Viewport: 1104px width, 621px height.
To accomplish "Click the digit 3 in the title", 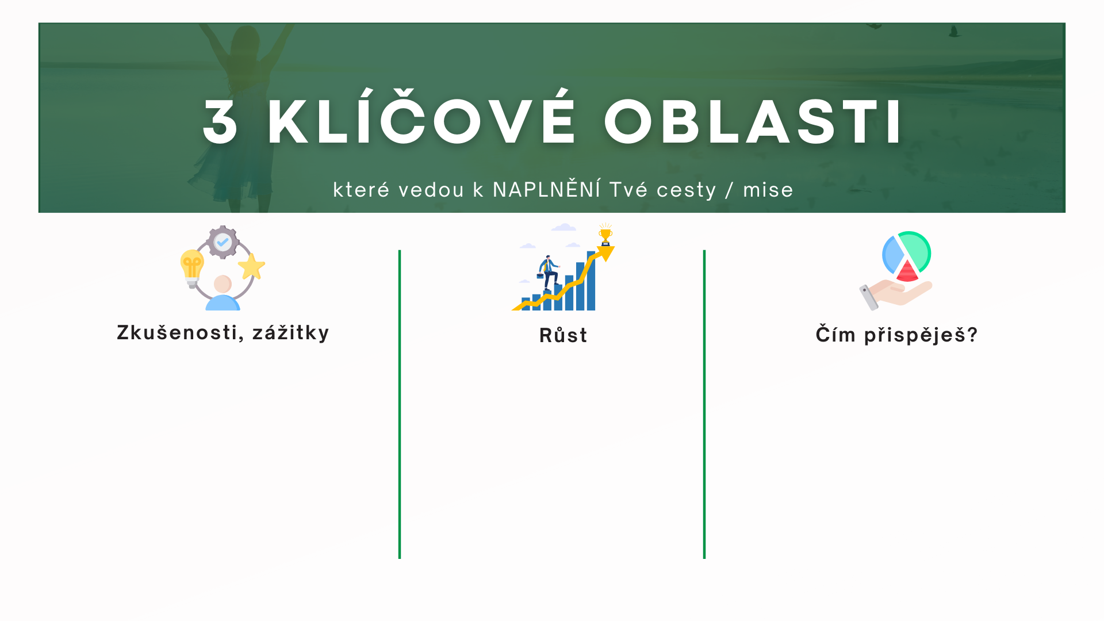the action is point(220,121).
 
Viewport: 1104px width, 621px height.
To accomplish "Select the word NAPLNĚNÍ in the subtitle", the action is point(547,189).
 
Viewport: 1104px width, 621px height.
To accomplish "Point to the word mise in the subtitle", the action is point(768,190).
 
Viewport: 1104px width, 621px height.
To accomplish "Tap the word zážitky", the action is point(291,332).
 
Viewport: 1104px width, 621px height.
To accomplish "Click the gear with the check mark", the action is point(223,242).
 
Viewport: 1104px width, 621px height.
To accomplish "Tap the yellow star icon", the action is point(252,266).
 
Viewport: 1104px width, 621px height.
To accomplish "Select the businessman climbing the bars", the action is point(548,273).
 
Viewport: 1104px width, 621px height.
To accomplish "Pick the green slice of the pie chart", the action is point(915,250).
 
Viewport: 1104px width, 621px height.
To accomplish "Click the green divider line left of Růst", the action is point(400,404).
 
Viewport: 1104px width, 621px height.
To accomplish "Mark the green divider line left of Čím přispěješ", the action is point(704,404).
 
